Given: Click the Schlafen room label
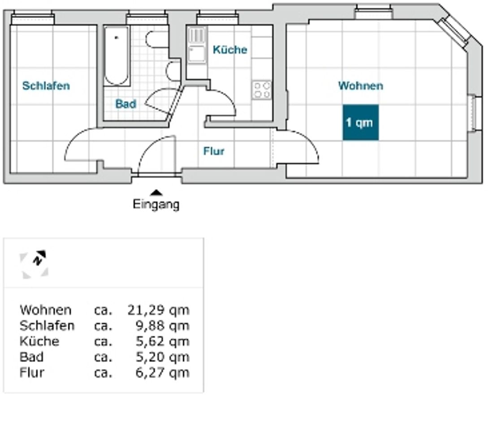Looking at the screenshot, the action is pyautogui.click(x=46, y=86).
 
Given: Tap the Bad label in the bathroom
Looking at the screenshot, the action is pyautogui.click(x=126, y=104).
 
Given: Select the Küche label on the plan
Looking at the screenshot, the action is pyautogui.click(x=230, y=50).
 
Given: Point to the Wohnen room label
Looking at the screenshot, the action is pyautogui.click(x=361, y=86).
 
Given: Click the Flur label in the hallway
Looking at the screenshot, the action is pyautogui.click(x=214, y=151).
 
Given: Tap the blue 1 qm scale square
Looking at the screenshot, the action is pyautogui.click(x=361, y=123).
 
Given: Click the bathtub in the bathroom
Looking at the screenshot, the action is pyautogui.click(x=117, y=56).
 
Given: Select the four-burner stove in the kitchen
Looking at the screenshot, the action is pyautogui.click(x=262, y=90).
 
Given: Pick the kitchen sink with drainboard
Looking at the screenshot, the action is pyautogui.click(x=197, y=45).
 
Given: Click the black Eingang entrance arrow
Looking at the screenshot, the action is pyautogui.click(x=156, y=193).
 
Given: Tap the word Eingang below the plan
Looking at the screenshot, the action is pyautogui.click(x=156, y=205).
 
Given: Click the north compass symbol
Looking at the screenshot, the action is pyautogui.click(x=35, y=264).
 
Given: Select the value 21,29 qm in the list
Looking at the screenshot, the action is pyautogui.click(x=159, y=310).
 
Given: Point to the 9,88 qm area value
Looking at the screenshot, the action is pyautogui.click(x=163, y=326).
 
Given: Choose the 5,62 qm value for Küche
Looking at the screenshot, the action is pyautogui.click(x=163, y=341).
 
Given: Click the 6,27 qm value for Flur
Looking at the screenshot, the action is pyautogui.click(x=163, y=372).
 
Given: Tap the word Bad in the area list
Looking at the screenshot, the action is pyautogui.click(x=31, y=357).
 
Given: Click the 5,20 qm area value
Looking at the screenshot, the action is pyautogui.click(x=163, y=357).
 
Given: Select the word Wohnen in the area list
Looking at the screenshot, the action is pyautogui.click(x=45, y=310).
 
